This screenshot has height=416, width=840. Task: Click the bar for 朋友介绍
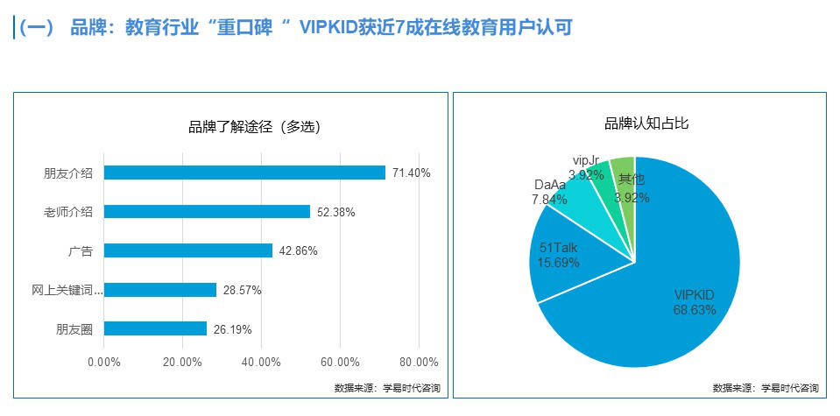point(244,173)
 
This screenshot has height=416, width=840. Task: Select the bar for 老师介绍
point(207,211)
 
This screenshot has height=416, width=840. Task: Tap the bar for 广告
point(188,250)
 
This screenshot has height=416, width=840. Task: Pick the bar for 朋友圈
point(155,328)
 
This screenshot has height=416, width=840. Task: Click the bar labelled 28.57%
point(160,289)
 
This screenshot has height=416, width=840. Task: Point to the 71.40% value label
point(412,173)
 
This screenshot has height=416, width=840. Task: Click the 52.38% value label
point(336,212)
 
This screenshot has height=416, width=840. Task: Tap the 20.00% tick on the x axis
point(182,362)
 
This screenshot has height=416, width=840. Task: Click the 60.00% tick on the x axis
point(340,362)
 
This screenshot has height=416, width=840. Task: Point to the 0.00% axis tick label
point(104,362)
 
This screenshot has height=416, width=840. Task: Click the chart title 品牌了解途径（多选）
point(254,127)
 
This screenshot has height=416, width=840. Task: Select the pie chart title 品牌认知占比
point(646,123)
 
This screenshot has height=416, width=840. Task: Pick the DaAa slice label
point(549,192)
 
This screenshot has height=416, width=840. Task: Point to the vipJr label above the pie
point(585,161)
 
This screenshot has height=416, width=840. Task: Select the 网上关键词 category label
point(67,289)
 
